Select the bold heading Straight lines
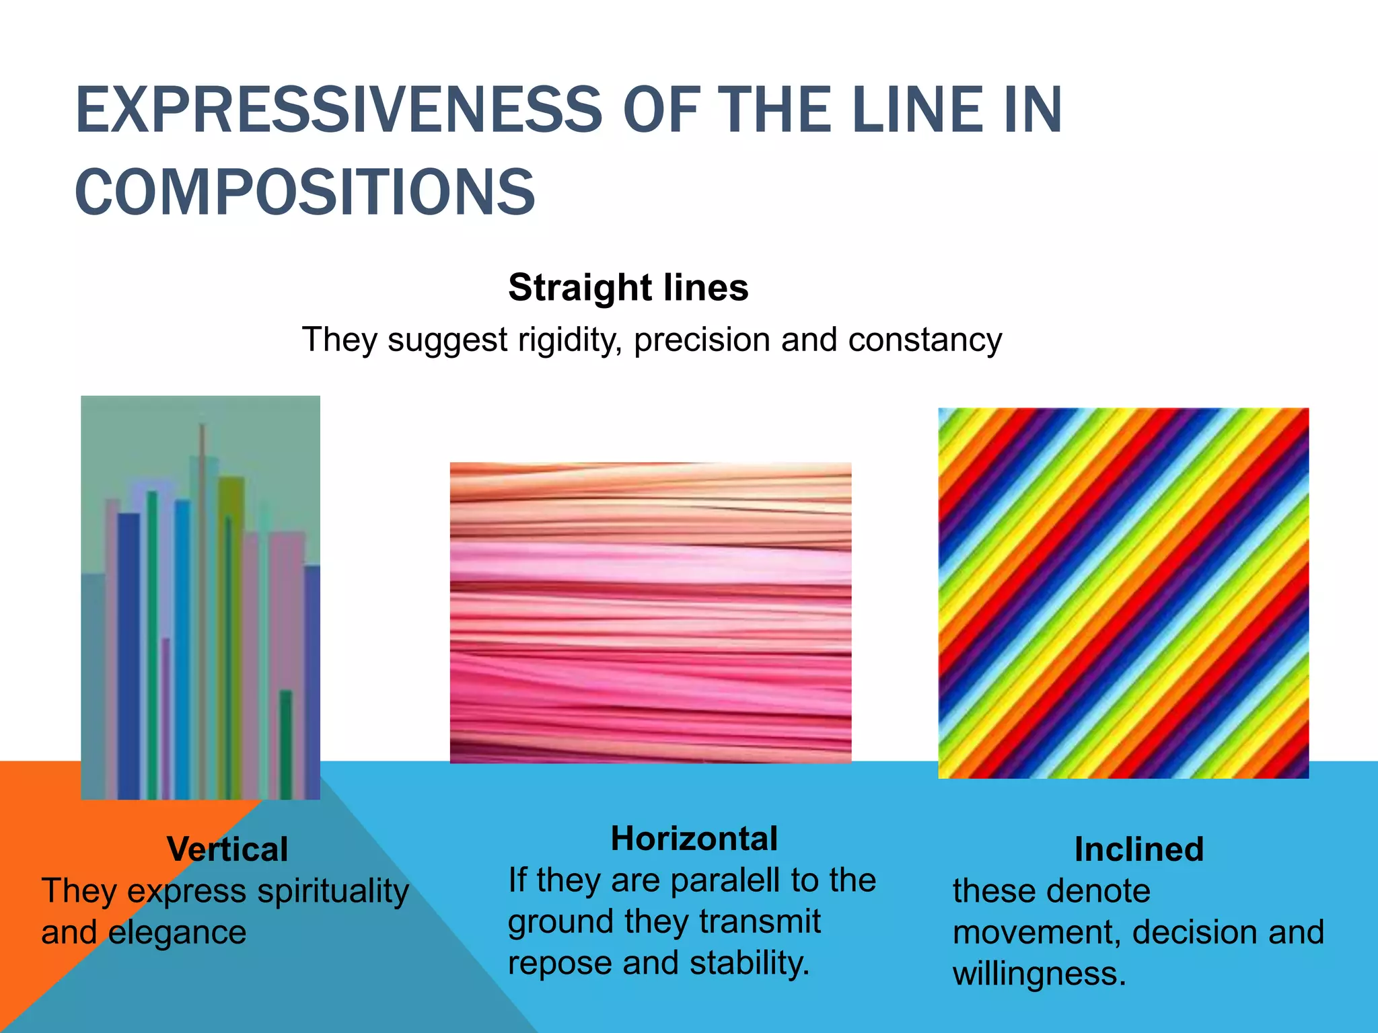628,288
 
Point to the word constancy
925,340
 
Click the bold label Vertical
227,849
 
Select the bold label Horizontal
694,839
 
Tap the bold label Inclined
1138,849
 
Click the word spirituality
333,892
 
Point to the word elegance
177,933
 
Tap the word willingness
1039,974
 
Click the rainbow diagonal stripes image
1123,593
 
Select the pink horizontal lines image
650,613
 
